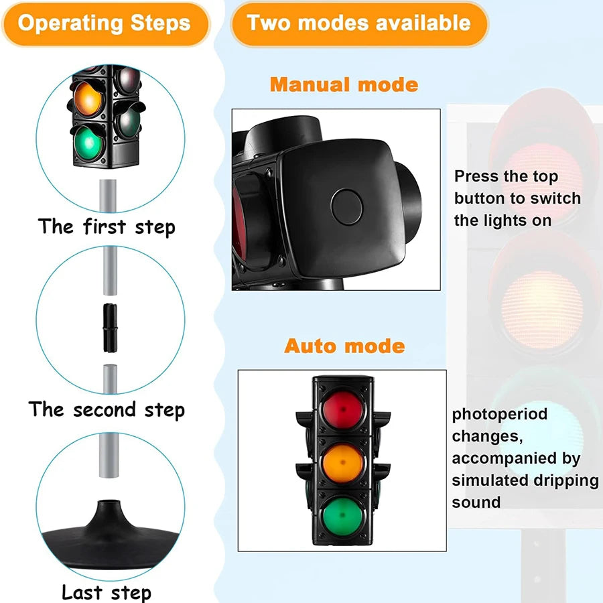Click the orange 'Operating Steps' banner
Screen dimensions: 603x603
[x=104, y=23]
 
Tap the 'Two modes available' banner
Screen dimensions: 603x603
[x=358, y=23]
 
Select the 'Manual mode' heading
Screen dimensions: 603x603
[x=344, y=85]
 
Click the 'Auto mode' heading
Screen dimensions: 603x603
[x=344, y=346]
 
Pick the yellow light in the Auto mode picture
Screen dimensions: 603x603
[x=342, y=460]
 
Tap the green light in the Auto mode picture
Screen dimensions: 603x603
[x=342, y=515]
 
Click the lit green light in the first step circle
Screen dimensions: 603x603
[x=90, y=142]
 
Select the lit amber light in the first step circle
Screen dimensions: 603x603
[x=89, y=98]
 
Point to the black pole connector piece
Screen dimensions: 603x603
[x=109, y=327]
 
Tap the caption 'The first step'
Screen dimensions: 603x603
[x=107, y=226]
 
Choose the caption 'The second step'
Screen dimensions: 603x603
[x=107, y=409]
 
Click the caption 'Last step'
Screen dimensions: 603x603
[x=107, y=592]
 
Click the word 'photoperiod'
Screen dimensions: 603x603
[x=499, y=415]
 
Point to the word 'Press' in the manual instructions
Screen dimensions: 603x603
[x=477, y=177]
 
